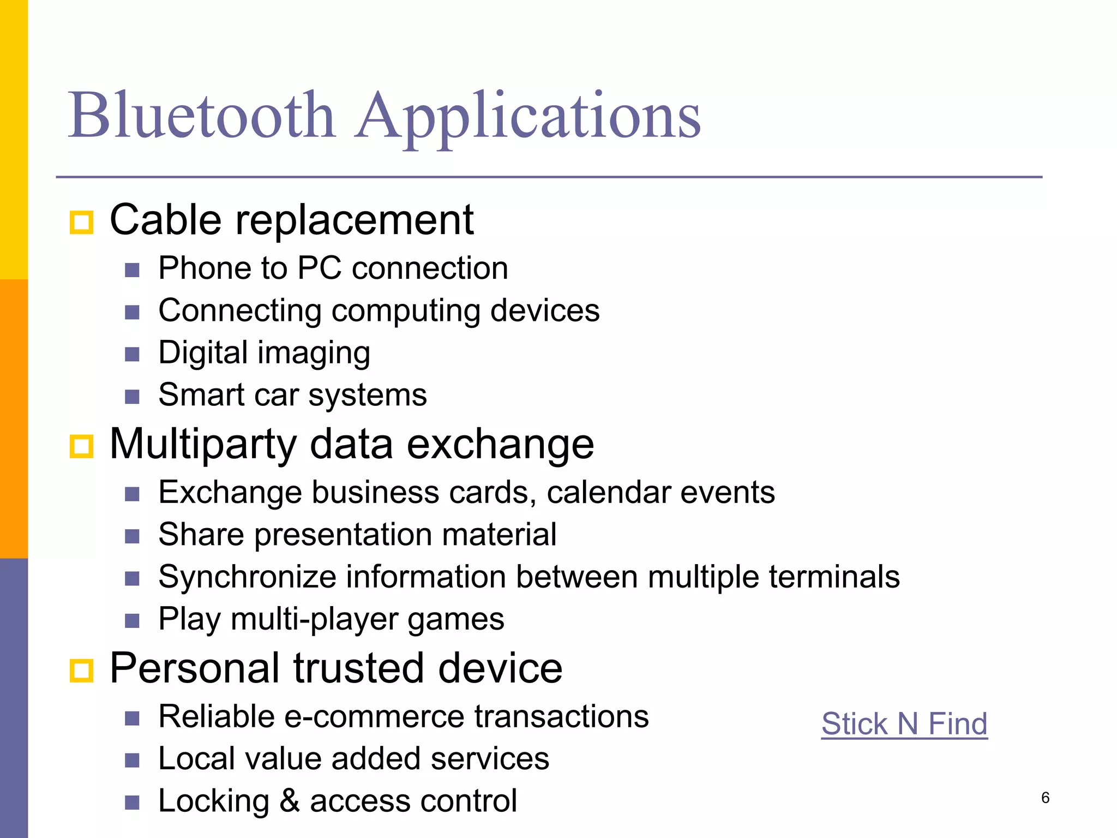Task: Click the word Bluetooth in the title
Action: point(202,116)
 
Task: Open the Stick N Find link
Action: point(904,724)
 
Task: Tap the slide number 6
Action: point(1045,798)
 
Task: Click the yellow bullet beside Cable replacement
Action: point(82,223)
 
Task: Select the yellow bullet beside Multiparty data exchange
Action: point(82,446)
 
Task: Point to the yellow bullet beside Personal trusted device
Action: point(82,671)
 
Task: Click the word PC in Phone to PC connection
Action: point(319,268)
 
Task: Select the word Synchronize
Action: point(247,577)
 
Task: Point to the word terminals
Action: point(834,577)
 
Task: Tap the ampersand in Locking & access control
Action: point(290,801)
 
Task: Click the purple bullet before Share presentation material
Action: point(132,536)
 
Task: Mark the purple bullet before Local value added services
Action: point(132,760)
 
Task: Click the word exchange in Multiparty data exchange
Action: point(500,444)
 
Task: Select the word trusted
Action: point(359,668)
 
